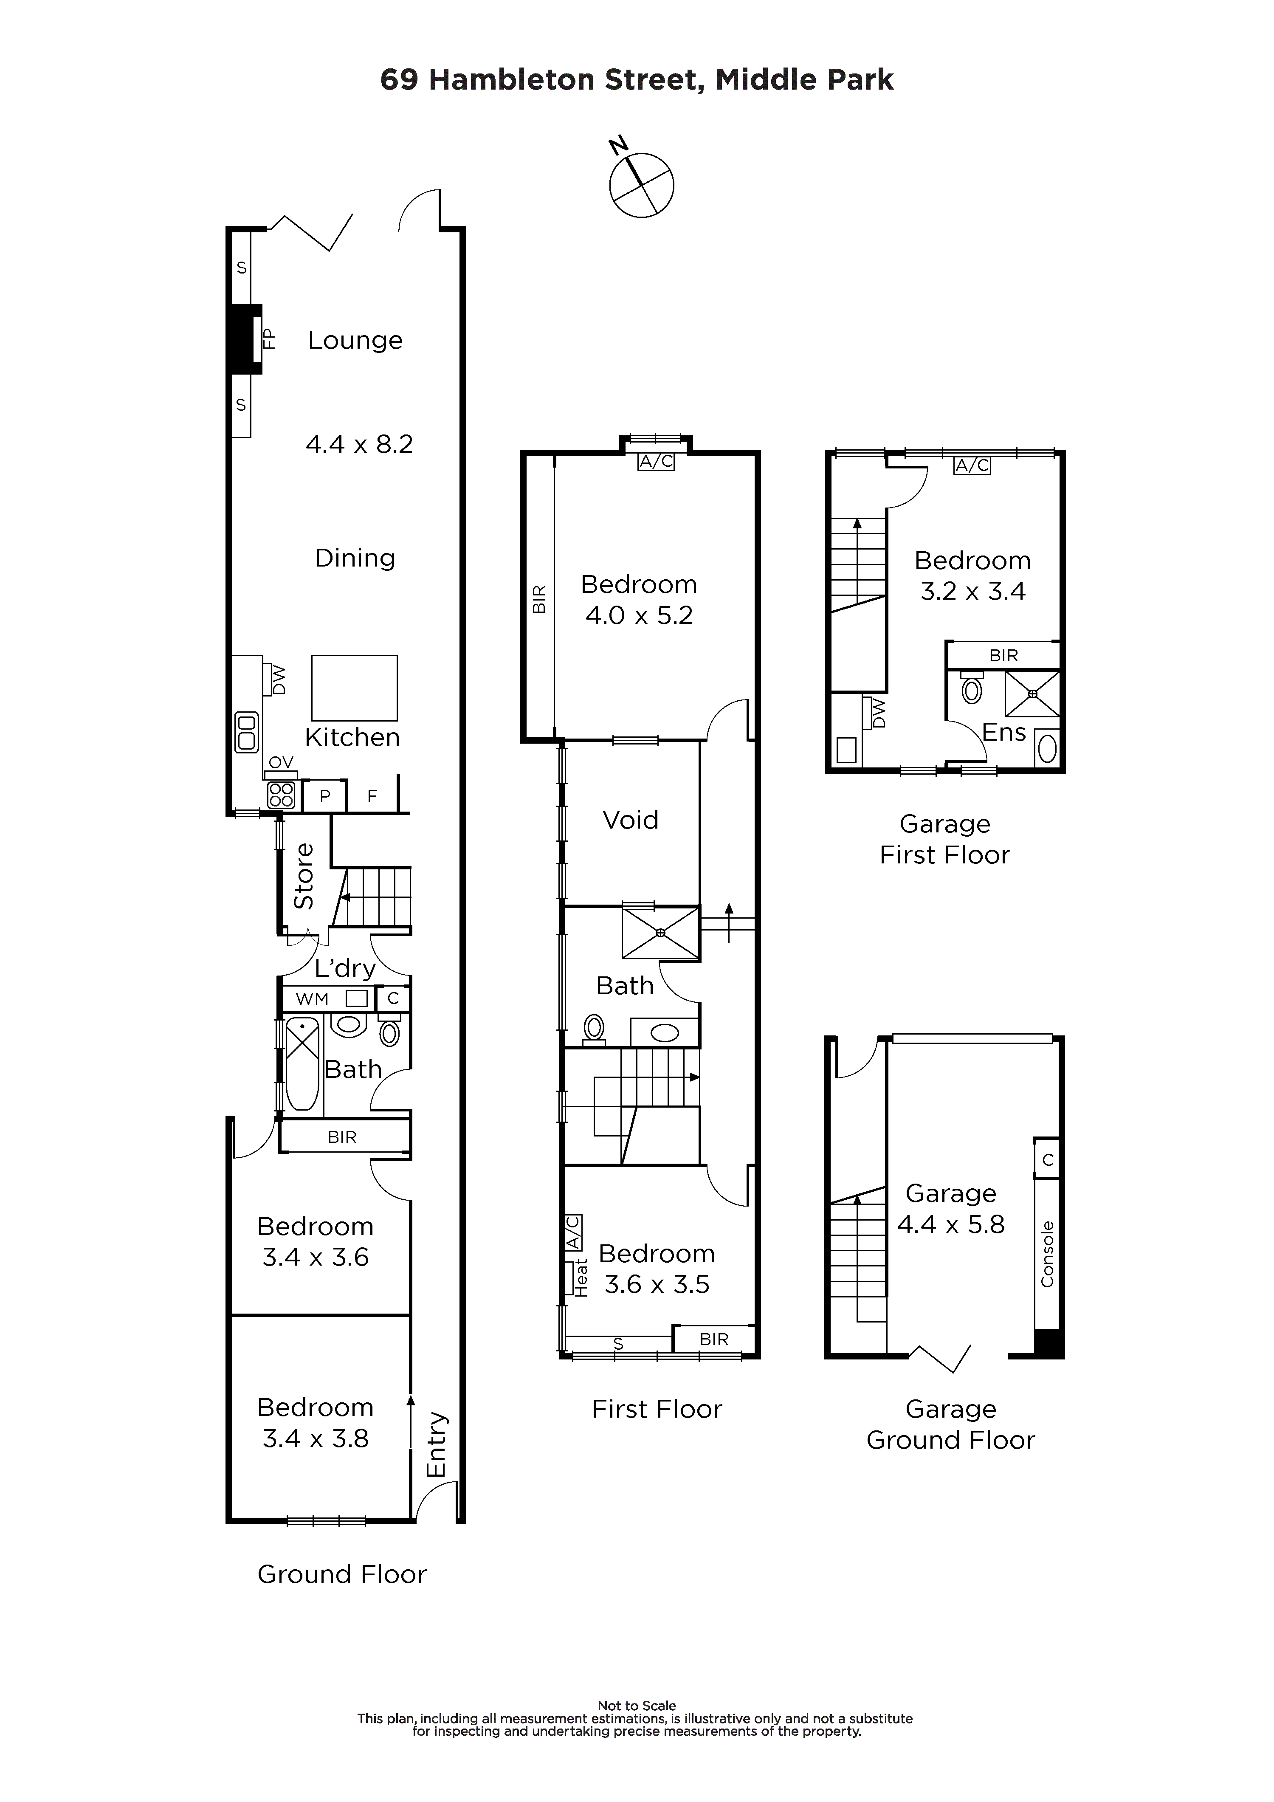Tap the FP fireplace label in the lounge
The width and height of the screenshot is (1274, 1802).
(269, 338)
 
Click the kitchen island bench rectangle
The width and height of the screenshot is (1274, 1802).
(354, 688)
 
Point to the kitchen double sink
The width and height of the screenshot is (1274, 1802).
(246, 731)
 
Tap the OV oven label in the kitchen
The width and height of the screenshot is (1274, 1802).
(281, 762)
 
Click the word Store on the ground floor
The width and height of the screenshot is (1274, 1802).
(304, 875)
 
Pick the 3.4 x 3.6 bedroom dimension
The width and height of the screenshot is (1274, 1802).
(316, 1257)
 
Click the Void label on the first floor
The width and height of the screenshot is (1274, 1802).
(630, 820)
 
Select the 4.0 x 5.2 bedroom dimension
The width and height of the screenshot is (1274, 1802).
(639, 615)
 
